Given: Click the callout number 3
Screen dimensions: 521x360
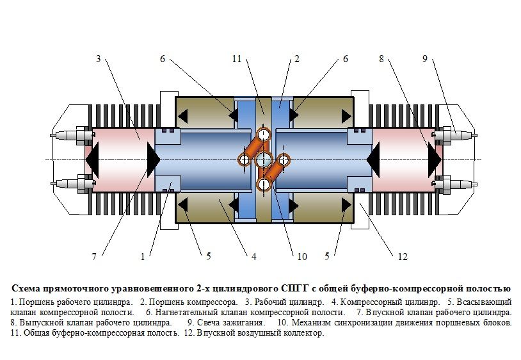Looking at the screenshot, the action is click(x=99, y=59).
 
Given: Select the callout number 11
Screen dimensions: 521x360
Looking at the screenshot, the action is click(x=237, y=59).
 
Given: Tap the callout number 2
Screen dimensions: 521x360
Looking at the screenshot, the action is click(x=297, y=59).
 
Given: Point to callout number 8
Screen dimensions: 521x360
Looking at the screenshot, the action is click(x=381, y=59).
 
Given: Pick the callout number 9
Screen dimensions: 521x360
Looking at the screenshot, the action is click(x=424, y=59).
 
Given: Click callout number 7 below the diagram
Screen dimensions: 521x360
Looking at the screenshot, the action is click(x=94, y=256).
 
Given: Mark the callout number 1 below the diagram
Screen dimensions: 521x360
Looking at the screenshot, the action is click(x=143, y=257).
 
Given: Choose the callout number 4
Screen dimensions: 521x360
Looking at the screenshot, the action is click(x=254, y=257).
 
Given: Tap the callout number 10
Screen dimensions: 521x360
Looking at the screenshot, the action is click(x=302, y=257).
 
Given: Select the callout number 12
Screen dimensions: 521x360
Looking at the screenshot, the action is click(x=403, y=257).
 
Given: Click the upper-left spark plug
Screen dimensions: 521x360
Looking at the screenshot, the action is click(x=72, y=135).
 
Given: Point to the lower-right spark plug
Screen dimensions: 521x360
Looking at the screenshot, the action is click(x=454, y=184).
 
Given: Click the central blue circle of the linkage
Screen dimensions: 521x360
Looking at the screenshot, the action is click(x=264, y=160).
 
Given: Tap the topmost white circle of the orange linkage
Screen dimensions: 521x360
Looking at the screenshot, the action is click(x=264, y=135).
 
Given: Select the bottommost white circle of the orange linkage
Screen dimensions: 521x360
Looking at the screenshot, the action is click(x=264, y=184).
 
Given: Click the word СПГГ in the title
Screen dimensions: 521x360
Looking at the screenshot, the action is click(x=292, y=288).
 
